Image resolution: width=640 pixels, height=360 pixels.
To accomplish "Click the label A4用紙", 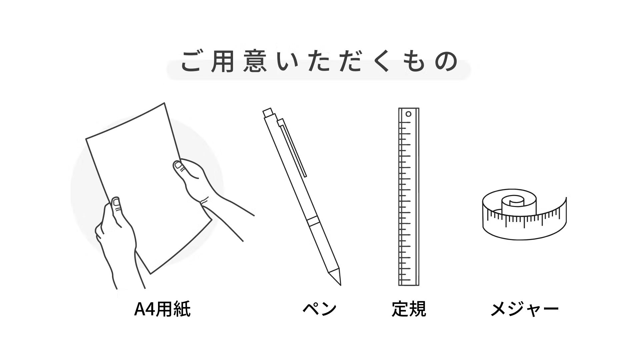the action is [162, 309].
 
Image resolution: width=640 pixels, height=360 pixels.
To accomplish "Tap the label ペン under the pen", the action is [320, 309].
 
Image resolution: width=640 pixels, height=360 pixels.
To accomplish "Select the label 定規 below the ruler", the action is [409, 309].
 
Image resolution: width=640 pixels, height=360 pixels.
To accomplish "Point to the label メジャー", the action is [524, 309].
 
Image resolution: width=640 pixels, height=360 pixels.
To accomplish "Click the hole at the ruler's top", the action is [409, 114].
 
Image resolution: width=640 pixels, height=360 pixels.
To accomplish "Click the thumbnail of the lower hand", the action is [116, 202].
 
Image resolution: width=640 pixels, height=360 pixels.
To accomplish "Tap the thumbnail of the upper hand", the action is [178, 165].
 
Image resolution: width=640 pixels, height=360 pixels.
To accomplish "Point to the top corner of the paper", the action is [164, 103].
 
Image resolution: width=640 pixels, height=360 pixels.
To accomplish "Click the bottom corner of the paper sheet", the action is [151, 274].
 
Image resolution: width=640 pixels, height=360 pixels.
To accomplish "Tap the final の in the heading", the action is [446, 61].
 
